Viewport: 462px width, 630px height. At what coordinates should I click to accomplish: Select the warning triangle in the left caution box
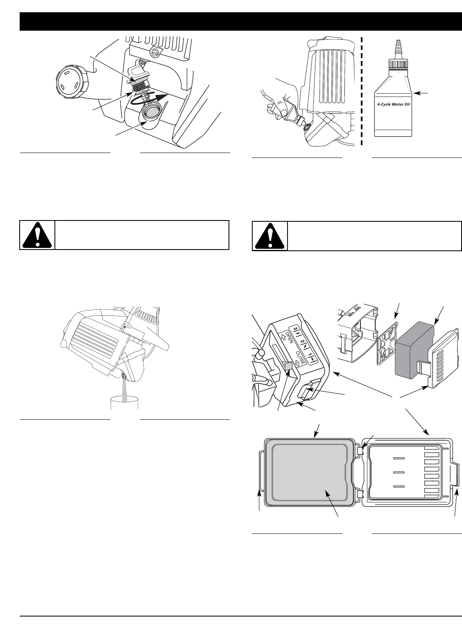37,235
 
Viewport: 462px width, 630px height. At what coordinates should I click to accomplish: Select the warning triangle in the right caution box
269,236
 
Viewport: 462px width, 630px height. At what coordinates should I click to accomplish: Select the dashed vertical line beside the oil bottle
362,90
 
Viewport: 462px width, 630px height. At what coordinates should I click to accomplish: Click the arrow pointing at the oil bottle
422,94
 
